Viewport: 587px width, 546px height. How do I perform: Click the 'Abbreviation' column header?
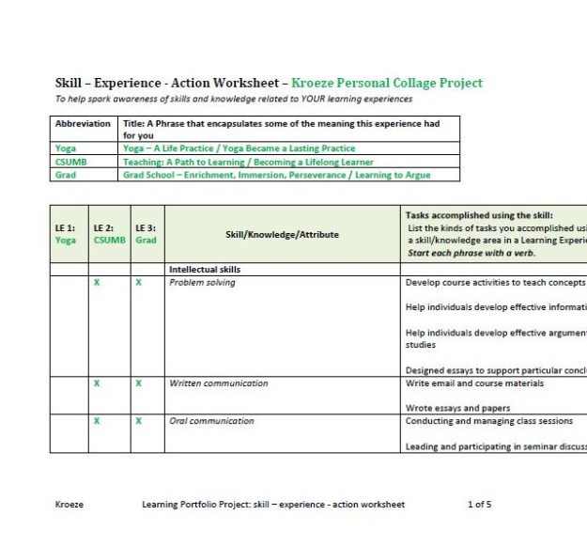click(83, 123)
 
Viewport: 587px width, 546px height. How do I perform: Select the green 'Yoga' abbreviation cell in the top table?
click(66, 148)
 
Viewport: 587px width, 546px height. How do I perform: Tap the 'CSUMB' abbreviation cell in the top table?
click(71, 161)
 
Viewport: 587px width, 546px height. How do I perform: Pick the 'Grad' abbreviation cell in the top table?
click(65, 174)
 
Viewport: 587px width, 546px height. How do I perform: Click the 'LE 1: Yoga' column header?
click(67, 233)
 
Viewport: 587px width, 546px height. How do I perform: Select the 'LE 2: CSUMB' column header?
click(109, 233)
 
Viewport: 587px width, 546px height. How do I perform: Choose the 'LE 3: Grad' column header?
click(146, 233)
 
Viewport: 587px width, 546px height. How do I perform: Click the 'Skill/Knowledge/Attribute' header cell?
click(283, 234)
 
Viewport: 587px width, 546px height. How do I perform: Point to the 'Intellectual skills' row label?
click(207, 269)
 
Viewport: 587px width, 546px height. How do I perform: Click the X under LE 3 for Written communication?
click(138, 383)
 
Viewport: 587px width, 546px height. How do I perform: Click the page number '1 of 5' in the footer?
click(479, 505)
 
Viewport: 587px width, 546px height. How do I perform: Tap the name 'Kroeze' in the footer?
click(70, 505)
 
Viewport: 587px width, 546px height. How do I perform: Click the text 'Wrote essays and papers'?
click(457, 408)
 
